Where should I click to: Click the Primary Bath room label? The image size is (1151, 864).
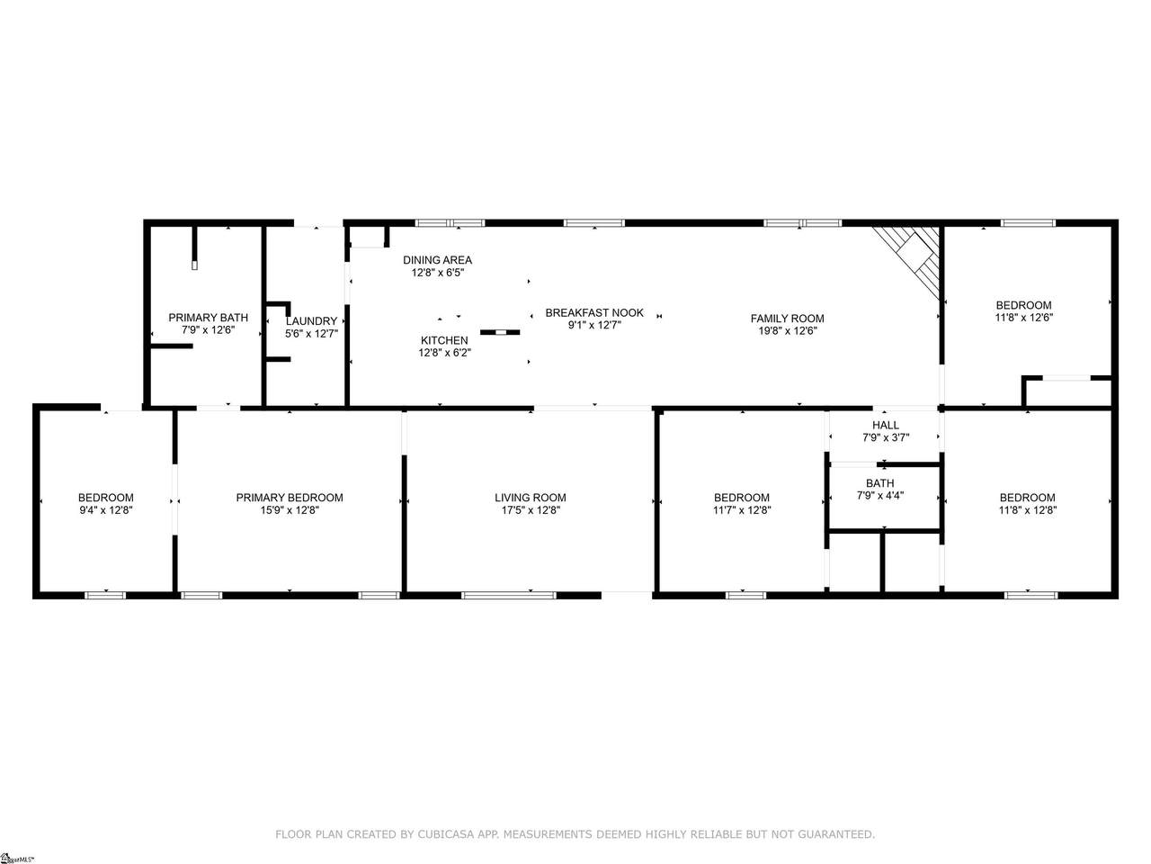(209, 318)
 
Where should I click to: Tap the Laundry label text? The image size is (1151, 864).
(311, 321)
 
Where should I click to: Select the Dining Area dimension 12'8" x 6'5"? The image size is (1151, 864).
(438, 273)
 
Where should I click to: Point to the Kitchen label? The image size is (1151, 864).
(444, 340)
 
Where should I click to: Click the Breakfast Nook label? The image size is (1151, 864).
(594, 312)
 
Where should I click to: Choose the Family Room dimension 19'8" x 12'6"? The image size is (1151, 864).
(787, 331)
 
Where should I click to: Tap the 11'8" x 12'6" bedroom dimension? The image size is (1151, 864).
(1024, 318)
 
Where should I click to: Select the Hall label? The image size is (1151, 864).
(886, 426)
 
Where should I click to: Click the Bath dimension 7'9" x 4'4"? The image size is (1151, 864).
(880, 495)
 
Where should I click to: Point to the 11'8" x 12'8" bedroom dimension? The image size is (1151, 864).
(1028, 510)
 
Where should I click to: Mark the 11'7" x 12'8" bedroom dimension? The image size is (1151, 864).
(742, 510)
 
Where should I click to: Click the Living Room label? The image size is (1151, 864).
(531, 498)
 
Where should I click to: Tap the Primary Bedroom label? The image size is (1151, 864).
(290, 498)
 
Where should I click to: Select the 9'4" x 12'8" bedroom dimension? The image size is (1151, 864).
(106, 510)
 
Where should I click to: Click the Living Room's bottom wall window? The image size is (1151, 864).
(508, 595)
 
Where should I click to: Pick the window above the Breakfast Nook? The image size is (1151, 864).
(594, 223)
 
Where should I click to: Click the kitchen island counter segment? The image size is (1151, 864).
(500, 332)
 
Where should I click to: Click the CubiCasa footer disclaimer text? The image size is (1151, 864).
(575, 834)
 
